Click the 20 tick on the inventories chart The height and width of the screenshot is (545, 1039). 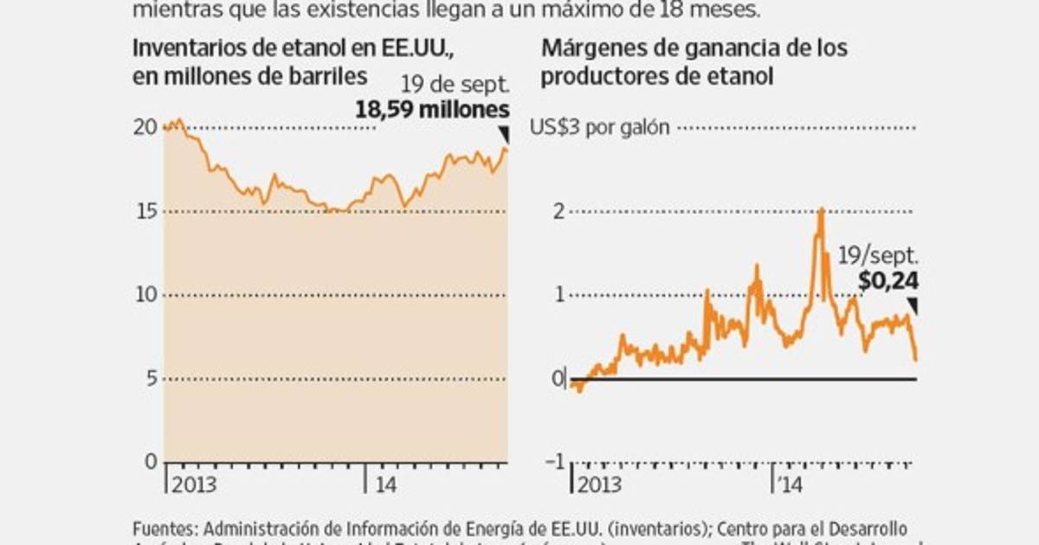pos(146,127)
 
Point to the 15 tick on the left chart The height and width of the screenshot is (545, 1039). pos(146,211)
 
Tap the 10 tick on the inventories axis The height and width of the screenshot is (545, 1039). pos(146,295)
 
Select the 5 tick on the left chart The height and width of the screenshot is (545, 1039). pos(152,379)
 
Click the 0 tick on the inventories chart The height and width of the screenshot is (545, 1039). pos(152,462)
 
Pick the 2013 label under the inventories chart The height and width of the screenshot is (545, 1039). pos(194,483)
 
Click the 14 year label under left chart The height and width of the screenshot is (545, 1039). pos(385,483)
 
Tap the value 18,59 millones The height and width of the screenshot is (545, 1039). pos(432,110)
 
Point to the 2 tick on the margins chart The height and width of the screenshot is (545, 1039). pos(558,211)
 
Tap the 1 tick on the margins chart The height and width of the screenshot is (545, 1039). pos(558,295)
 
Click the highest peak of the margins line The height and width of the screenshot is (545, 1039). pos(820,209)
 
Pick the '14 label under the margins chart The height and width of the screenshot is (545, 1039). pos(791,483)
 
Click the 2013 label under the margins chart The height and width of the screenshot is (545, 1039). pos(599,483)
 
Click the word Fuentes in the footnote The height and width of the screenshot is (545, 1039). pos(162,528)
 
